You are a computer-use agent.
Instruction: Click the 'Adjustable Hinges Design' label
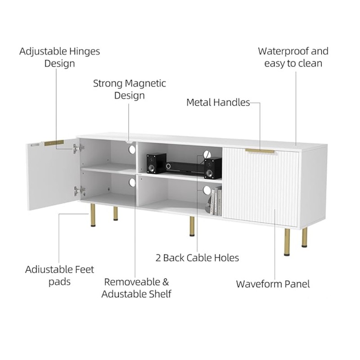tap(60, 57)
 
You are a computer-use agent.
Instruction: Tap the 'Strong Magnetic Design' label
tap(130, 89)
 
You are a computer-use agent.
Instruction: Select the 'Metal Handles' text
tap(218, 103)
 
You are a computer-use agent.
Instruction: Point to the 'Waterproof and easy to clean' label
tap(293, 57)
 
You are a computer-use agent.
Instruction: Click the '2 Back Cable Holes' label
tap(197, 258)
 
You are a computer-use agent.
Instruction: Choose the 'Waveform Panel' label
tap(273, 284)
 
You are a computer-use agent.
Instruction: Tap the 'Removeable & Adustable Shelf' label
tap(136, 288)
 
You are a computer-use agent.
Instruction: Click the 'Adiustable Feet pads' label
tap(59, 275)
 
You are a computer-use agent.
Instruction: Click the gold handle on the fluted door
tap(260, 151)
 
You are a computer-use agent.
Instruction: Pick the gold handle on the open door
tap(54, 143)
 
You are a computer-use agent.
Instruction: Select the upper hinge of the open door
tap(78, 148)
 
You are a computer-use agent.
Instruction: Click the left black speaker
tap(156, 163)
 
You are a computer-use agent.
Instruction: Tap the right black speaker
tap(213, 168)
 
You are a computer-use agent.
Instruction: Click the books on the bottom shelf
tap(216, 201)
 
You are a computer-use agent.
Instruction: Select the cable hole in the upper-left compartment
tap(132, 149)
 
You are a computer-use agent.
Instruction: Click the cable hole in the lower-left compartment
tap(132, 183)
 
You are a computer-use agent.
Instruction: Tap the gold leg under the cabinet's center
tap(192, 226)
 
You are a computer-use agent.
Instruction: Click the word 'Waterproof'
tap(283, 51)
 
